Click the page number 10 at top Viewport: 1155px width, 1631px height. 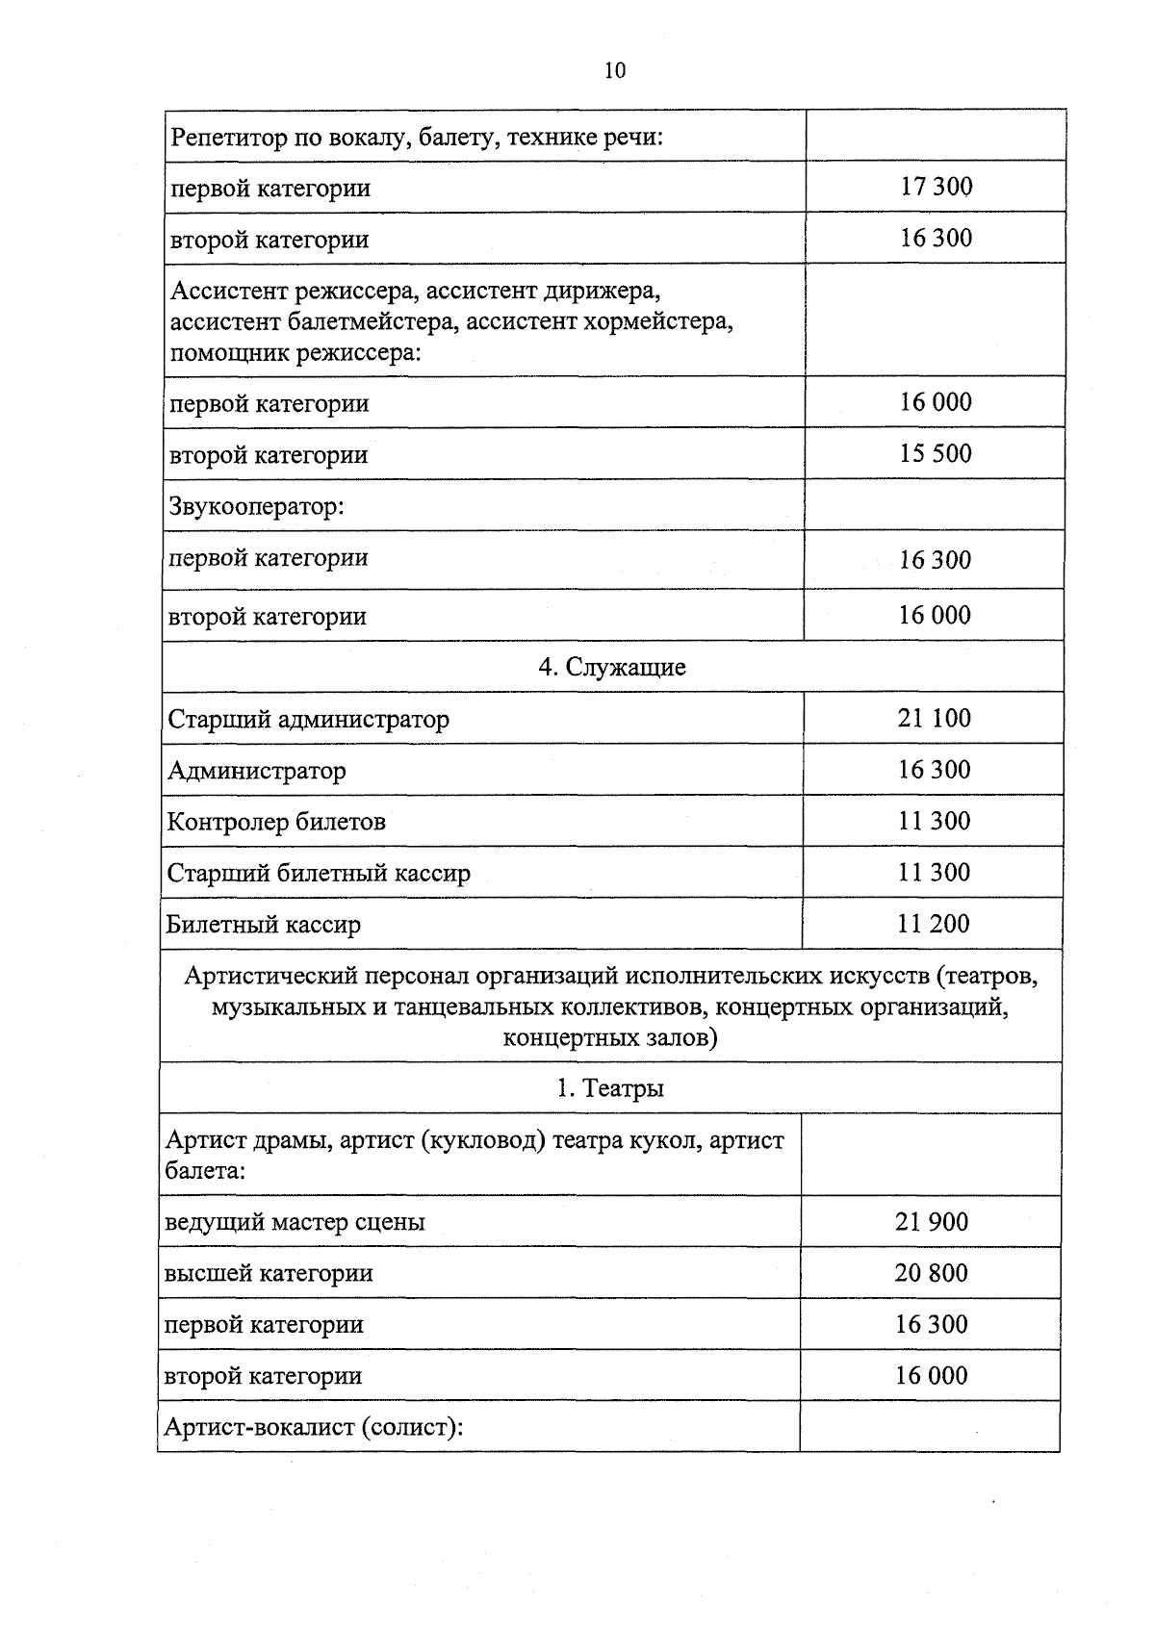615,70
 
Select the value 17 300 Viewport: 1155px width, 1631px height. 936,187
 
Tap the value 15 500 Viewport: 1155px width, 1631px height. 936,453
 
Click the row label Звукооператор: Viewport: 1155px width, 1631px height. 256,505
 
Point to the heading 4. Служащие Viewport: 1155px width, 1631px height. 612,667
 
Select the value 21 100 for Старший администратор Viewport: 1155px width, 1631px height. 934,718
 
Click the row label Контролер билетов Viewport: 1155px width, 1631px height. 276,822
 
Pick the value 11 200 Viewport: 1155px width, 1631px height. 933,924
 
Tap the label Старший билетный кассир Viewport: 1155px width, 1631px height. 319,874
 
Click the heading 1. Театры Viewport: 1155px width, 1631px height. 610,1088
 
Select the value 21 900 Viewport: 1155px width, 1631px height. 931,1222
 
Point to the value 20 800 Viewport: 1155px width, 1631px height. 931,1273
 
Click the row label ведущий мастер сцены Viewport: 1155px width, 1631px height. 295,1223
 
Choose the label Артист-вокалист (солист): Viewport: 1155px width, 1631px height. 314,1427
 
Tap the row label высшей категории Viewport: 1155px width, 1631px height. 269,1274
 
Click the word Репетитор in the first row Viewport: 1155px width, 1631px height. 228,137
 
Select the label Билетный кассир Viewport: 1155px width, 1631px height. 264,926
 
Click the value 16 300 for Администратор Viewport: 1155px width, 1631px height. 934,770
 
